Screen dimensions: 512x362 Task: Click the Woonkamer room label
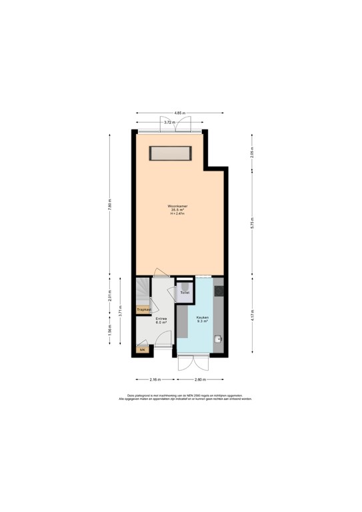[178, 207]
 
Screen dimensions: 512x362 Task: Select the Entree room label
[161, 320]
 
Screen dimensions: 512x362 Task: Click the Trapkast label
[143, 310]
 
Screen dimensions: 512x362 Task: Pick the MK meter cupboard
[141, 349]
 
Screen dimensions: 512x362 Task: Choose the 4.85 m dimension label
[179, 113]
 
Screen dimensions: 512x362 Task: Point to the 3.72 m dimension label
[170, 123]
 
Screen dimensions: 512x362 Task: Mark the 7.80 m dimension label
[110, 205]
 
